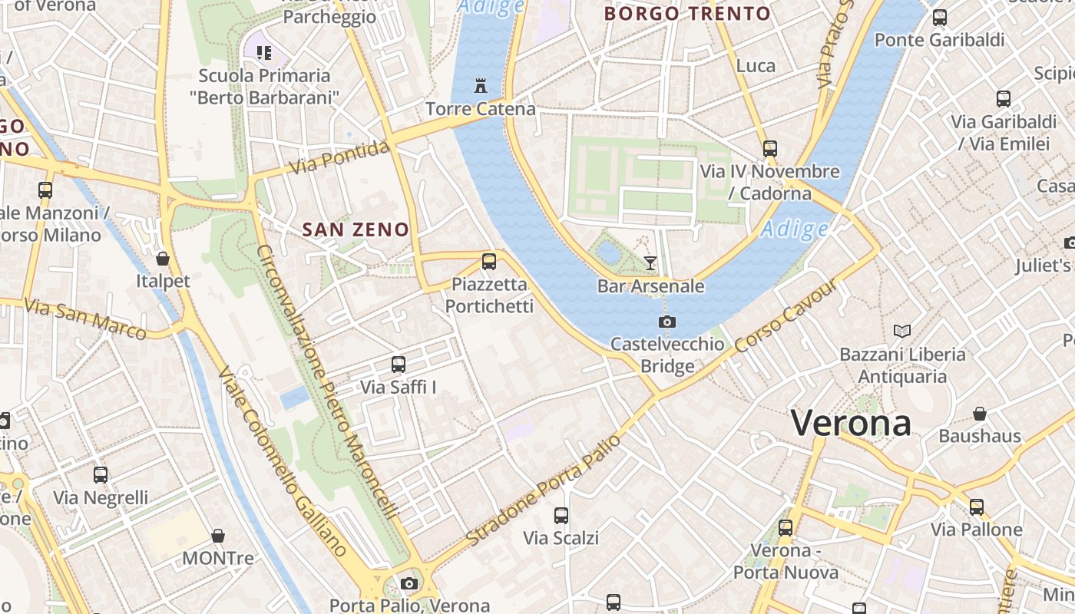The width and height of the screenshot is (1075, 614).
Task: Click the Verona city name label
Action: click(851, 423)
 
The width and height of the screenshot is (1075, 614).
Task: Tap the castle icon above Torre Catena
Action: click(481, 85)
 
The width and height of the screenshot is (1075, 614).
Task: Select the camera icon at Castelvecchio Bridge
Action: click(667, 322)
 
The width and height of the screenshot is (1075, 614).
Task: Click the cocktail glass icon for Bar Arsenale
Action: click(650, 263)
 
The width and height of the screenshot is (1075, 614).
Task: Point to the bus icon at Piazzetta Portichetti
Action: click(489, 262)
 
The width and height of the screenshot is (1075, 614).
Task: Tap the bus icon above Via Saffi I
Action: click(398, 365)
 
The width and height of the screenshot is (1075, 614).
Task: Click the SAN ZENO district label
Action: click(356, 229)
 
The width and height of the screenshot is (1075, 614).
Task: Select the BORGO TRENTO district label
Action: click(687, 13)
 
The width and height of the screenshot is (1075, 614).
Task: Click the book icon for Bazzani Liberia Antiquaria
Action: click(902, 331)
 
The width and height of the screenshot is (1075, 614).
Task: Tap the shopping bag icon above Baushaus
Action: click(980, 414)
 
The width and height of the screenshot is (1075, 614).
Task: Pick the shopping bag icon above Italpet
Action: click(163, 259)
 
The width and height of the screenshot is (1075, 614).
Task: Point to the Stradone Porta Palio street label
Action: click(543, 491)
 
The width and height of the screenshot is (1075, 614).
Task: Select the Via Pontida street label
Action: click(339, 157)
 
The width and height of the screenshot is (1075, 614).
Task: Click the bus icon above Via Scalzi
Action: click(561, 516)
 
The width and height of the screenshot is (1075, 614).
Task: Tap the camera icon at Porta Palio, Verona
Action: click(409, 583)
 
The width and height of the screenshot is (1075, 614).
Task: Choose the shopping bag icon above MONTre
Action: click(218, 536)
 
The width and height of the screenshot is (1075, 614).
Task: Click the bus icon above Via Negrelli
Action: click(101, 475)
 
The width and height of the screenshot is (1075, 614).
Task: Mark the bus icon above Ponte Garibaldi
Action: click(939, 17)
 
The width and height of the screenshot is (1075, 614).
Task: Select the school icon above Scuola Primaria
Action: click(264, 53)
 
